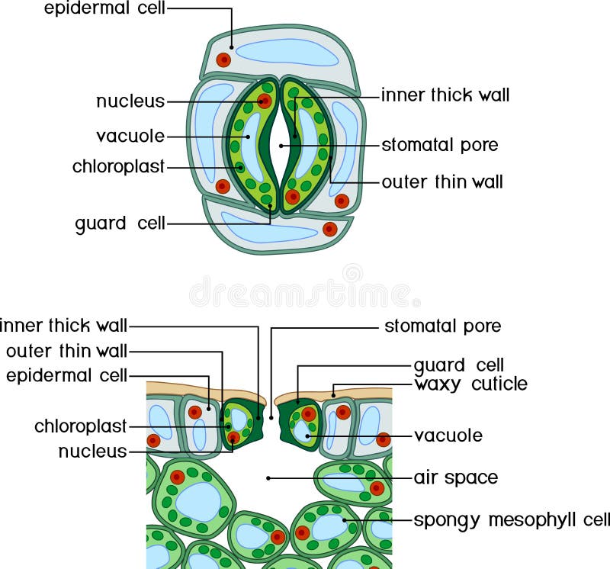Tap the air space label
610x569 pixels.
(x=455, y=478)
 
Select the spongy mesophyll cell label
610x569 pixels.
(x=511, y=521)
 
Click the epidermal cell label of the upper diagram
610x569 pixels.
(x=104, y=8)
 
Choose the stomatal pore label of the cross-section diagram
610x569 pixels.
(x=442, y=326)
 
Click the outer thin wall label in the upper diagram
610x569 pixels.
(x=441, y=182)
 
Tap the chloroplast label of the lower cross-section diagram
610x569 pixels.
(x=80, y=426)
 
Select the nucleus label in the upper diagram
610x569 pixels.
(x=130, y=101)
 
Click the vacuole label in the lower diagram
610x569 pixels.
(x=448, y=436)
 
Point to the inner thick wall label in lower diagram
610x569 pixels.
(x=64, y=326)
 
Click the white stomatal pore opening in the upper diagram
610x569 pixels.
(x=281, y=145)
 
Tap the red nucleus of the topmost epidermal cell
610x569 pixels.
(x=223, y=59)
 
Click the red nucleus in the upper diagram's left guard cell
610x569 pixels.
(x=265, y=101)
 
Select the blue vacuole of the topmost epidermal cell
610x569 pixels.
(x=286, y=51)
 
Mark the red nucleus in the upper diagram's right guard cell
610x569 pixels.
(x=293, y=196)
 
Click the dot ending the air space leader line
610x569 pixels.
(x=268, y=478)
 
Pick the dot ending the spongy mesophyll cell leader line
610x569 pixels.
(x=345, y=521)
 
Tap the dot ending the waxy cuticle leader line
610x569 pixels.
(x=333, y=394)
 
